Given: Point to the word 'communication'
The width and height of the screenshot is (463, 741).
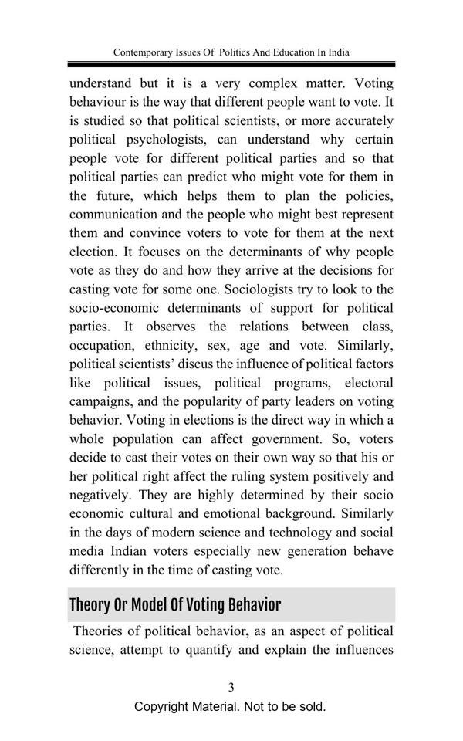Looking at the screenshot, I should point(119,215).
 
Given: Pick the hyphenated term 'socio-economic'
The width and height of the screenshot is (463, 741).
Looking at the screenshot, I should point(118,308).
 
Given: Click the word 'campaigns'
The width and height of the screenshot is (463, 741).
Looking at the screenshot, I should point(105,401).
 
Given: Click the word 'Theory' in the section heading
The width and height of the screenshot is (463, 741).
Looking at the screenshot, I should point(90,604).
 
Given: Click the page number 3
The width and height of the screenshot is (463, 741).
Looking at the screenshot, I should point(231,687).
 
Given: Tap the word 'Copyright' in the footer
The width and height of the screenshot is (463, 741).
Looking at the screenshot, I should point(167,707).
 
